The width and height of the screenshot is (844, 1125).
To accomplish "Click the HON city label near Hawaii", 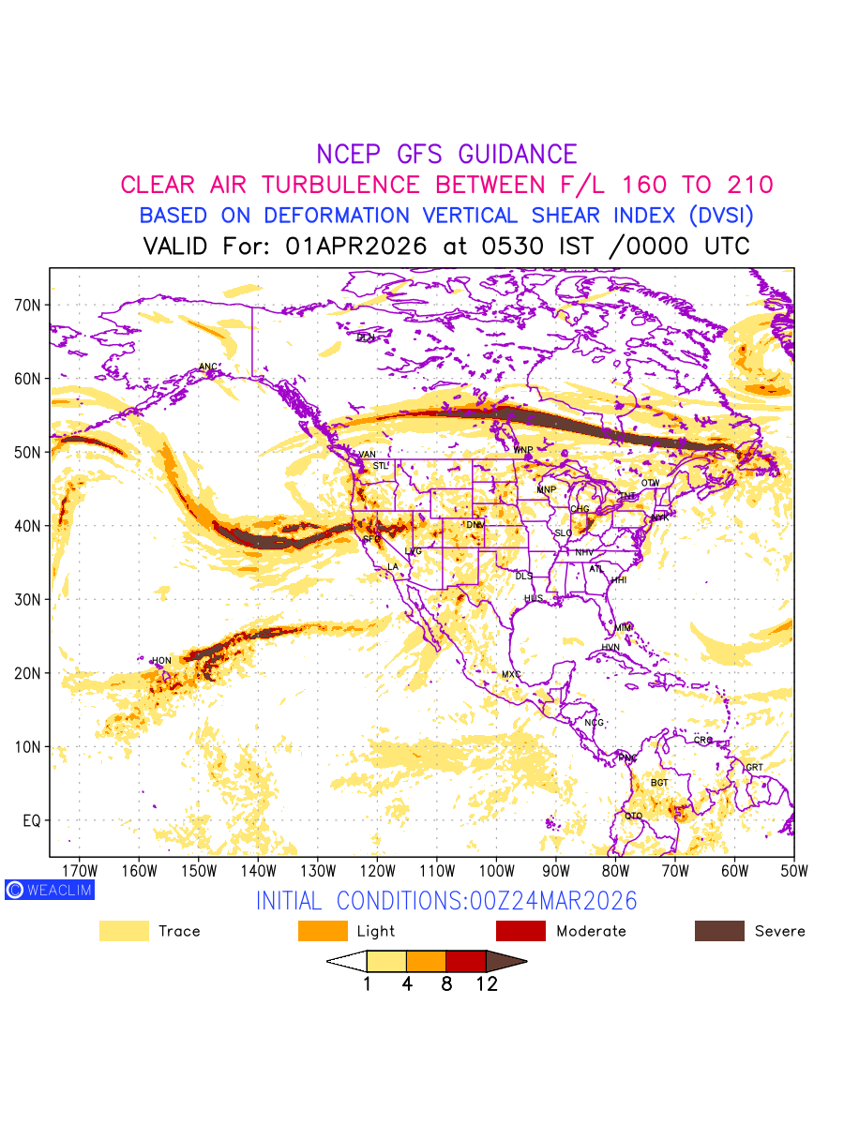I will tap(162, 661).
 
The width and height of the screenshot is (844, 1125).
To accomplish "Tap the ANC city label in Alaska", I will tap(208, 367).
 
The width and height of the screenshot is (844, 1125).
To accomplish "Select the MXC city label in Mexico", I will tap(510, 675).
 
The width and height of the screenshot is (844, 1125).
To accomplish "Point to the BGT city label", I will tap(659, 782).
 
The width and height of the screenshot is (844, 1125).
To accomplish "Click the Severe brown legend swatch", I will tap(719, 931).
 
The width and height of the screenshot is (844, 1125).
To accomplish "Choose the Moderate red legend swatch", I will tap(520, 931).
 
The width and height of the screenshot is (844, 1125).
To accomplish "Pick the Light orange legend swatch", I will tap(323, 931).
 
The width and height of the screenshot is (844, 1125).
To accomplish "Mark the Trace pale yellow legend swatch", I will tap(124, 931).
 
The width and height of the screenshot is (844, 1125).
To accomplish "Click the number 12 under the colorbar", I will tap(486, 984).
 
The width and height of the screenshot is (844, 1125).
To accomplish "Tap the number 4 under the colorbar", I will tap(407, 984).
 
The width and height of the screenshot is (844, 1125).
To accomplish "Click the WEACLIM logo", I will tap(49, 890).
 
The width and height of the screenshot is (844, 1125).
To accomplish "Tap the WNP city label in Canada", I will tap(522, 450).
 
